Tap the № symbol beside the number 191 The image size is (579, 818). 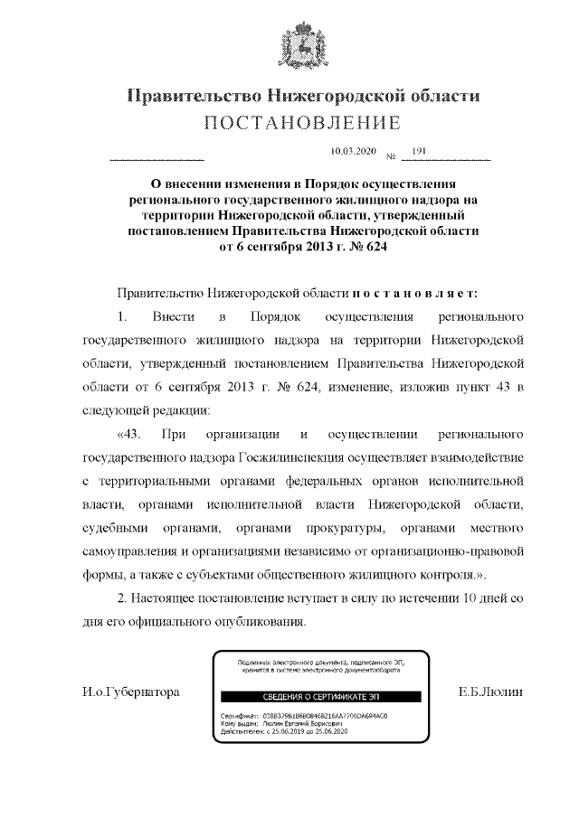[392, 157]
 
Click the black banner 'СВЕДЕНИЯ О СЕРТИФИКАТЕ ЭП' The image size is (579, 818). [307, 696]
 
